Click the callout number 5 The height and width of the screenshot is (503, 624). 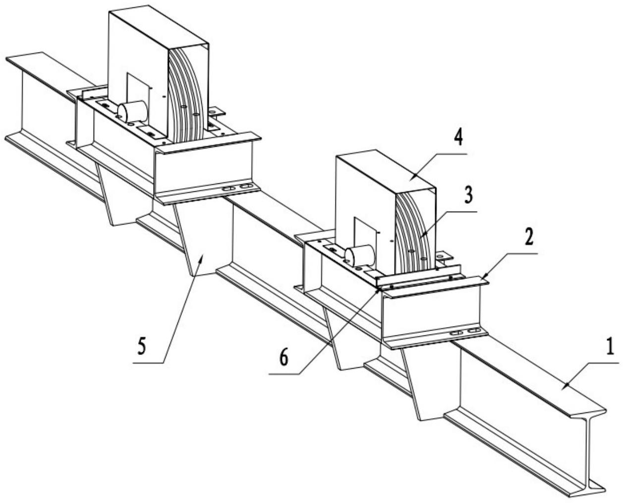pos(141,347)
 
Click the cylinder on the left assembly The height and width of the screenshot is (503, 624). pos(133,112)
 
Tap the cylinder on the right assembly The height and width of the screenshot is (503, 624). pos(359,255)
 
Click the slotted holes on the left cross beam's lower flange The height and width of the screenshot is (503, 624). pos(237,187)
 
